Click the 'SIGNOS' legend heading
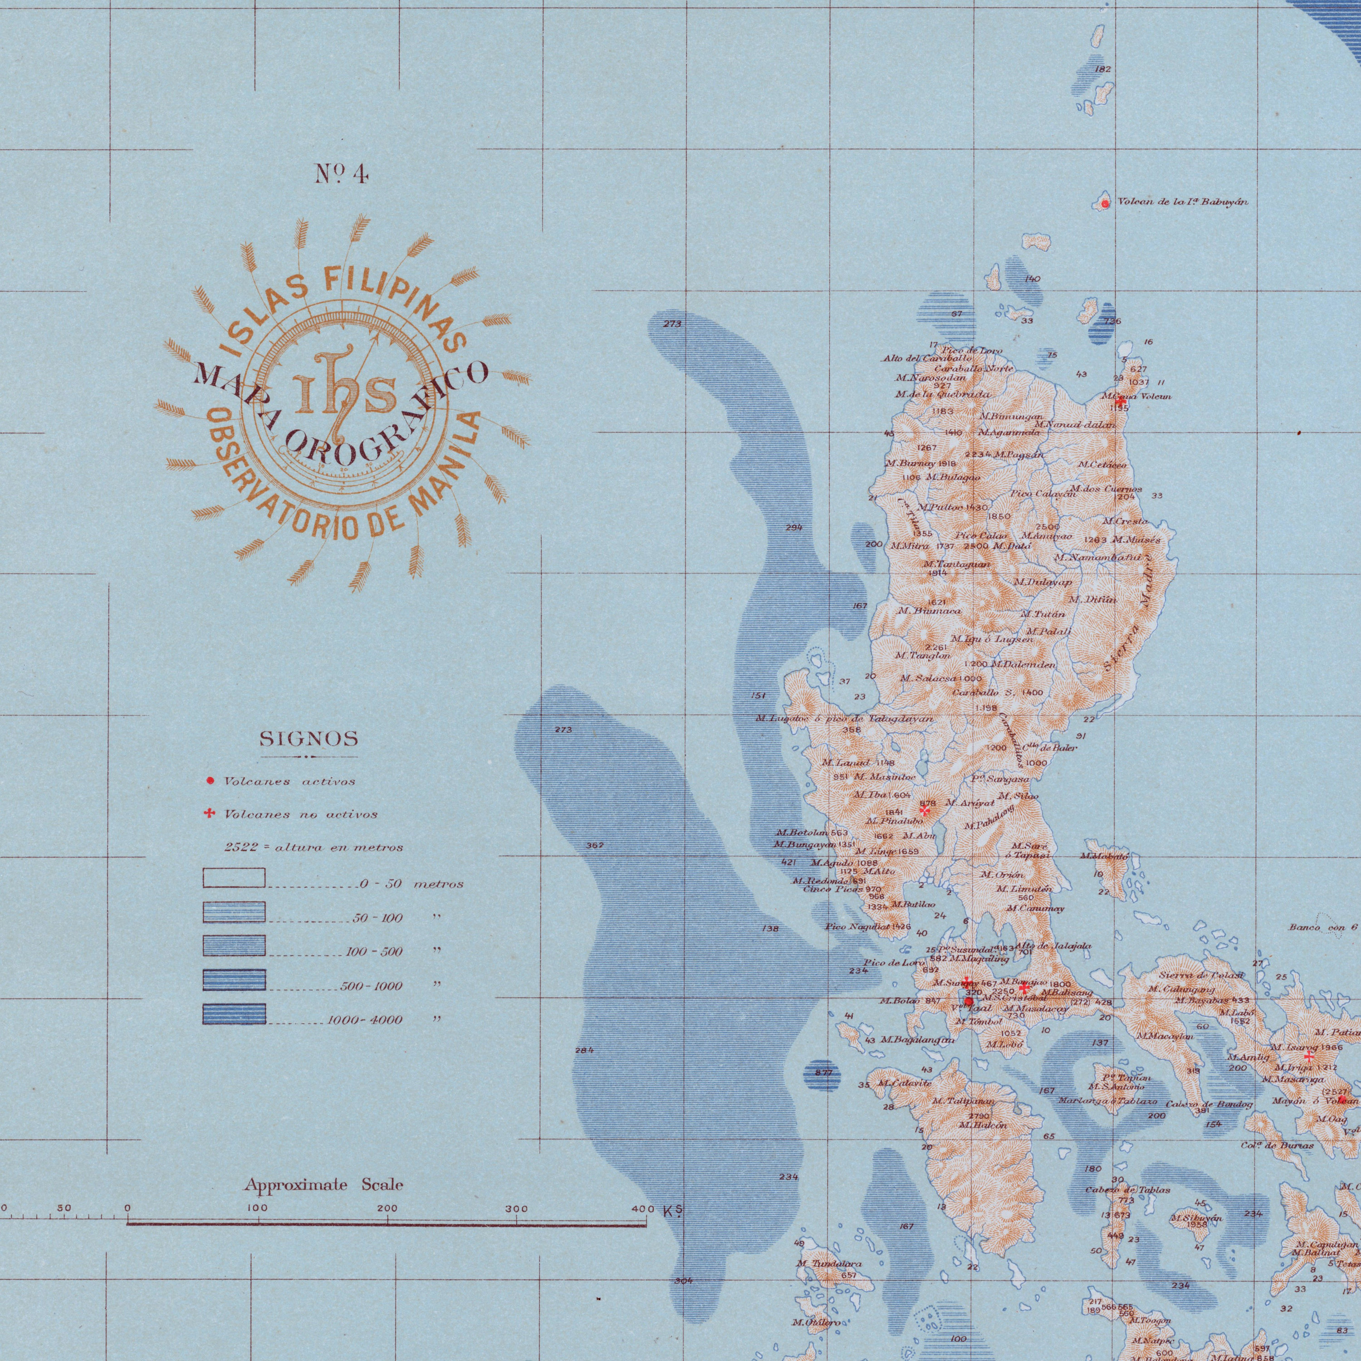coord(309,739)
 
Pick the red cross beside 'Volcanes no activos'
coord(209,814)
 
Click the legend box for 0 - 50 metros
coord(234,878)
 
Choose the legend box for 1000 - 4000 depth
coord(234,1013)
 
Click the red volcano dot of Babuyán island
coord(1105,204)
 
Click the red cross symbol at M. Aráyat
coord(925,810)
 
